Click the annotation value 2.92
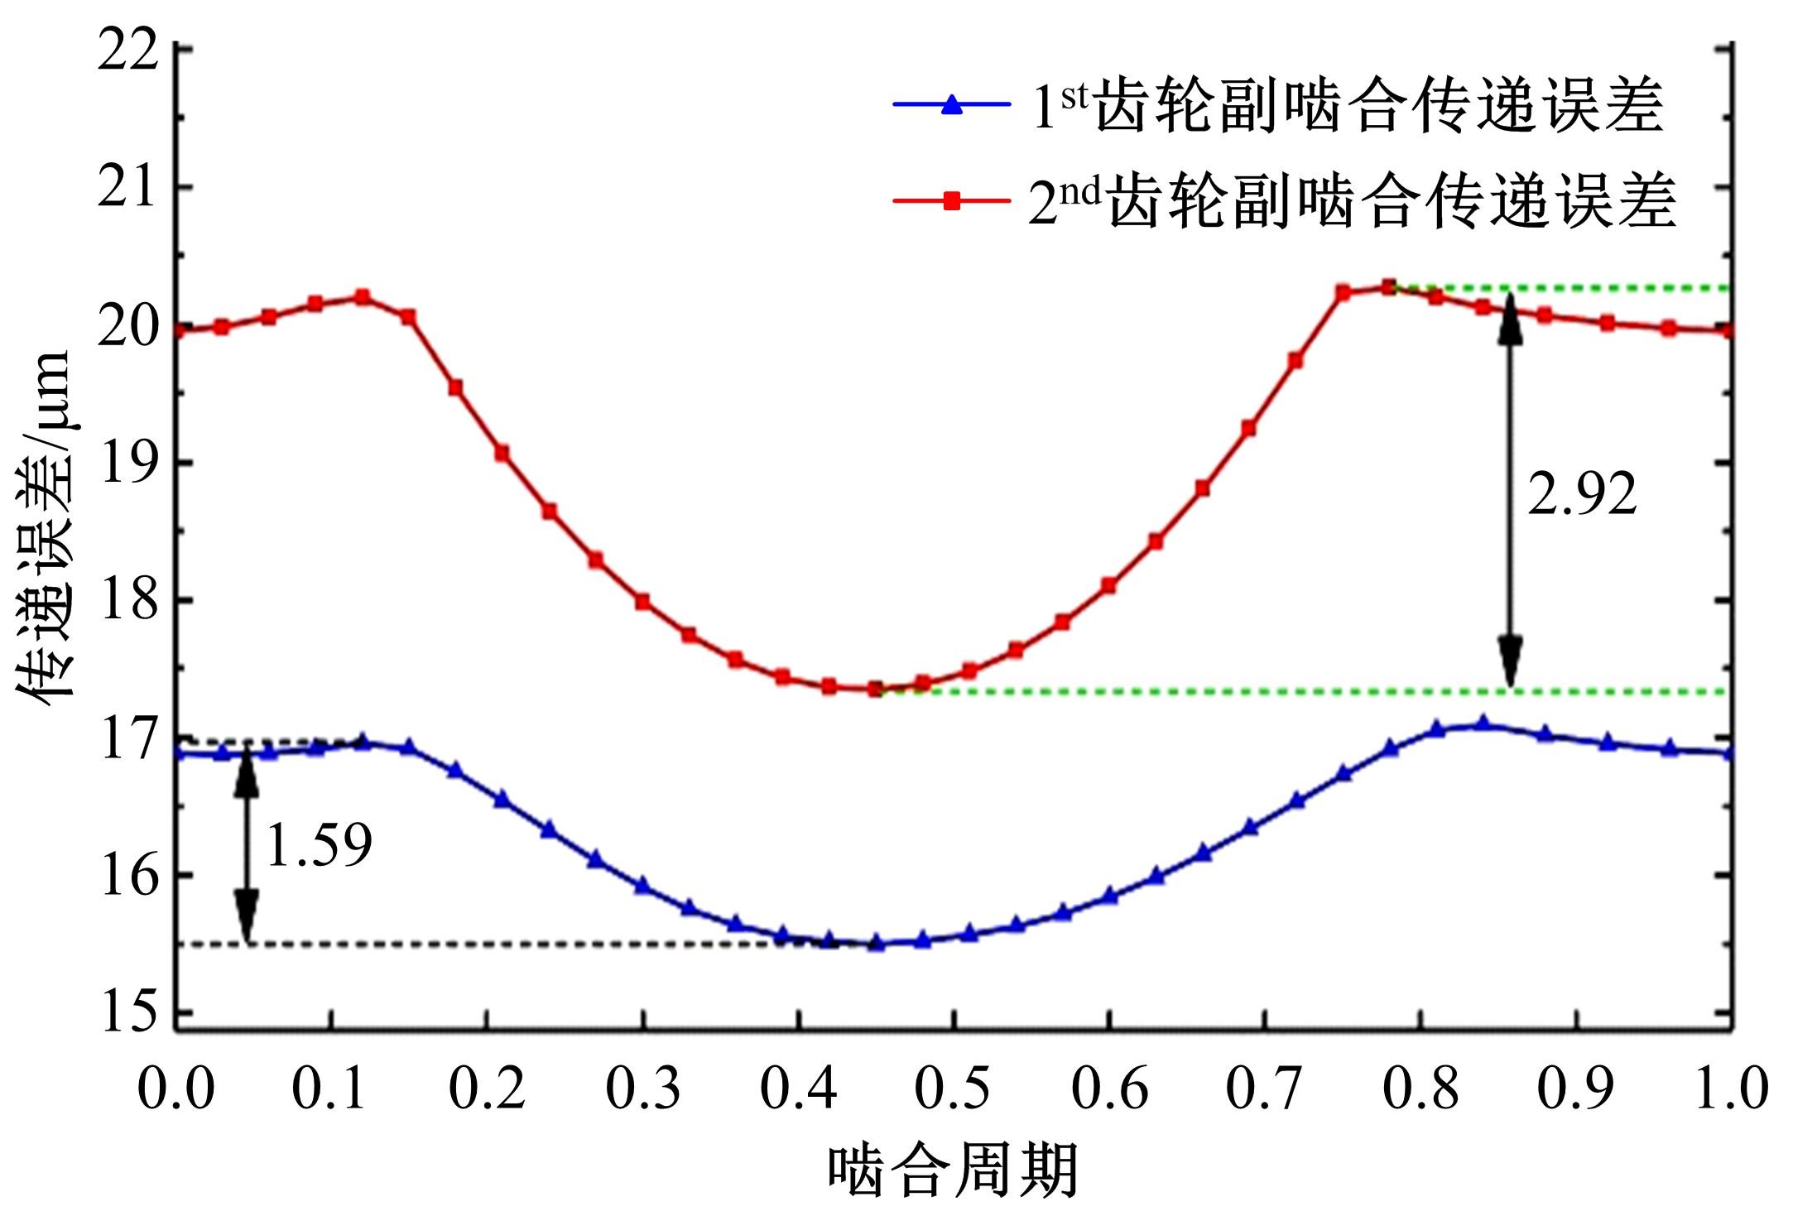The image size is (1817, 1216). tap(1582, 494)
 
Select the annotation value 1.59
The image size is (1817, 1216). tap(319, 846)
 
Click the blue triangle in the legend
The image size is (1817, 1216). tap(952, 105)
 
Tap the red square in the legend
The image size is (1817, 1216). tap(952, 200)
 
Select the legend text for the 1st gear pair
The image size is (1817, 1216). tap(1347, 106)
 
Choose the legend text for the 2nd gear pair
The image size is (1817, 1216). tap(1352, 201)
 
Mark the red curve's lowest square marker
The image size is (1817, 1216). tap(876, 689)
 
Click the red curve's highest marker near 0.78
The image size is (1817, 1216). tap(1389, 287)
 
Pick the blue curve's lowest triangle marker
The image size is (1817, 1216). tap(877, 943)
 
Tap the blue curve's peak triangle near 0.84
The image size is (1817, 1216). tap(1483, 724)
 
